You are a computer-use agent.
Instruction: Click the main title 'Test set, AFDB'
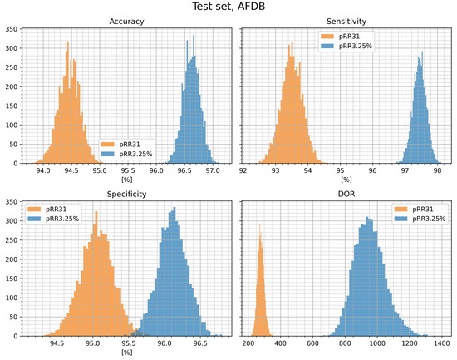(x=228, y=7)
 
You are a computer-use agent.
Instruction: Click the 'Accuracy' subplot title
(x=127, y=22)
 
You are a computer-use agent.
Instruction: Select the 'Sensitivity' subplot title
(x=342, y=22)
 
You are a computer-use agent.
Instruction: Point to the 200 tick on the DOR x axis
(x=248, y=343)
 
